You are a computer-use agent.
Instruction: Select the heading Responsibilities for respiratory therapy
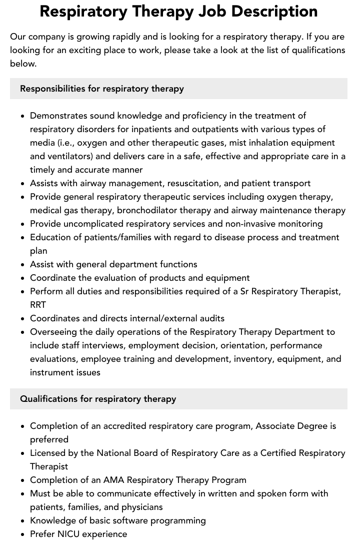(102, 89)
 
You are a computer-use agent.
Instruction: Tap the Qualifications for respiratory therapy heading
(98, 399)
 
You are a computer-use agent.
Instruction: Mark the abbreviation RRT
(38, 305)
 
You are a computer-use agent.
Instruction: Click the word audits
(209, 318)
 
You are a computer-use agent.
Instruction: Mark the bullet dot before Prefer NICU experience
(23, 534)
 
